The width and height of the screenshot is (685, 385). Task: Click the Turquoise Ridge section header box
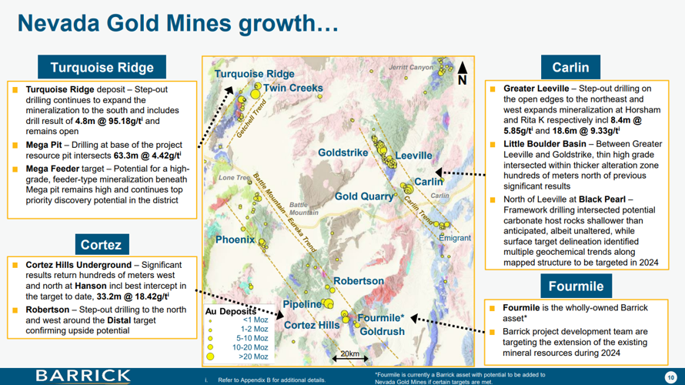(102, 68)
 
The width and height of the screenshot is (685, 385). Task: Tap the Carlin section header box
(570, 68)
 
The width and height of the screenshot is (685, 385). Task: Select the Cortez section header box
(101, 245)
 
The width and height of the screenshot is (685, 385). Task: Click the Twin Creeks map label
(292, 89)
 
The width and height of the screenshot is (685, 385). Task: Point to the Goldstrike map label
(343, 152)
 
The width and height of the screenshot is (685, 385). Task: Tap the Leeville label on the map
(414, 156)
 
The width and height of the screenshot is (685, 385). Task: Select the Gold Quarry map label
(364, 196)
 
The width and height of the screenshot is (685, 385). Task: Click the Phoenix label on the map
(235, 239)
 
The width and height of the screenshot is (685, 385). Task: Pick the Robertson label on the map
(358, 281)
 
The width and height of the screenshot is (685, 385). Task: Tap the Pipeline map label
(302, 304)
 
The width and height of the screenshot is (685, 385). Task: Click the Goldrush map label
(382, 331)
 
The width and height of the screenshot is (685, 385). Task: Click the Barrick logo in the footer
(83, 375)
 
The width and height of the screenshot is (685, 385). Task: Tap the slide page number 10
(670, 376)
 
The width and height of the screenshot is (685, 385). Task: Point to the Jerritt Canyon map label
(411, 68)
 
